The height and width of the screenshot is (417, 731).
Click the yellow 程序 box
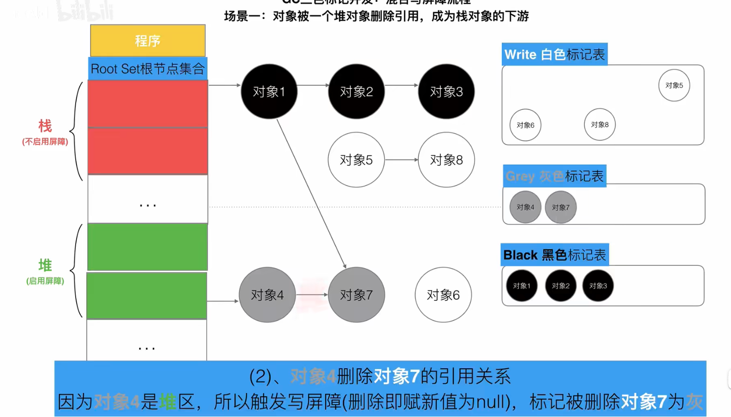(148, 41)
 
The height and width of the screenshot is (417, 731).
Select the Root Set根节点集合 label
(148, 69)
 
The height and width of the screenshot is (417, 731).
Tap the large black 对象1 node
(269, 91)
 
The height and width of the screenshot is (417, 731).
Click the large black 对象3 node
(446, 91)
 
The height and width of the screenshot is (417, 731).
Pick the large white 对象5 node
(356, 159)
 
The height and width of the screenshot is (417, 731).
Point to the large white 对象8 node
(446, 159)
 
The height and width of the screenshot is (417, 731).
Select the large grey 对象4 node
(267, 294)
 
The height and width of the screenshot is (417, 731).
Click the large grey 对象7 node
(357, 294)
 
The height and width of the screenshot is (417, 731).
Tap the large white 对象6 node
(443, 294)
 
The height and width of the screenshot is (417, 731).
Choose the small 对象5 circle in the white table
(674, 85)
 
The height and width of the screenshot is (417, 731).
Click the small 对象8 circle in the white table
(600, 124)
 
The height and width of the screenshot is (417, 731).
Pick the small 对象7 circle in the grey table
(560, 207)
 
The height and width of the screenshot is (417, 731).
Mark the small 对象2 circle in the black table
(560, 286)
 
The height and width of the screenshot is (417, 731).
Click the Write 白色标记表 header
(554, 54)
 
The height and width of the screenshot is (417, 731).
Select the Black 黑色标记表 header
(554, 255)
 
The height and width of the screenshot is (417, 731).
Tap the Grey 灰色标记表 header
(554, 176)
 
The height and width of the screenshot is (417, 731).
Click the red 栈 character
(45, 125)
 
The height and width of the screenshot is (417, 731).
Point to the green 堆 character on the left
(45, 265)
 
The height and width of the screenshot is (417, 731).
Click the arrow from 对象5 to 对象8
(401, 159)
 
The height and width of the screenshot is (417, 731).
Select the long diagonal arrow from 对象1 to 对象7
(311, 194)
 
